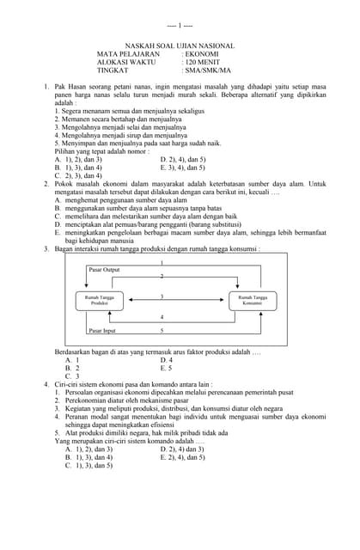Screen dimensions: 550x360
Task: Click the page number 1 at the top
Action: tap(180, 27)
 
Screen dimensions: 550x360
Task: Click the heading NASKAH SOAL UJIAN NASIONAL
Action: tap(180, 46)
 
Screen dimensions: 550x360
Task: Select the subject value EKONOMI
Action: tap(200, 54)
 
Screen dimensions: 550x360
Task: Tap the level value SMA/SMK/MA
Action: tap(207, 71)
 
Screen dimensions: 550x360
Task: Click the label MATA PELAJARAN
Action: tap(128, 54)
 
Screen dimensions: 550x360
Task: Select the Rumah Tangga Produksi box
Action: tap(100, 300)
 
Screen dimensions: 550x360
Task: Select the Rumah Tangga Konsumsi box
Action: tap(252, 300)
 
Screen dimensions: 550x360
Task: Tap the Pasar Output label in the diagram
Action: tap(104, 270)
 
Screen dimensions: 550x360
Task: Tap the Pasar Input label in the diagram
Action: tap(102, 330)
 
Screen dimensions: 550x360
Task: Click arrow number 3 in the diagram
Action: tap(162, 297)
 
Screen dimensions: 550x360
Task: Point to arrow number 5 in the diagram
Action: tap(162, 330)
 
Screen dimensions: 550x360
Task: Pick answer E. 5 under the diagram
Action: tap(167, 368)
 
